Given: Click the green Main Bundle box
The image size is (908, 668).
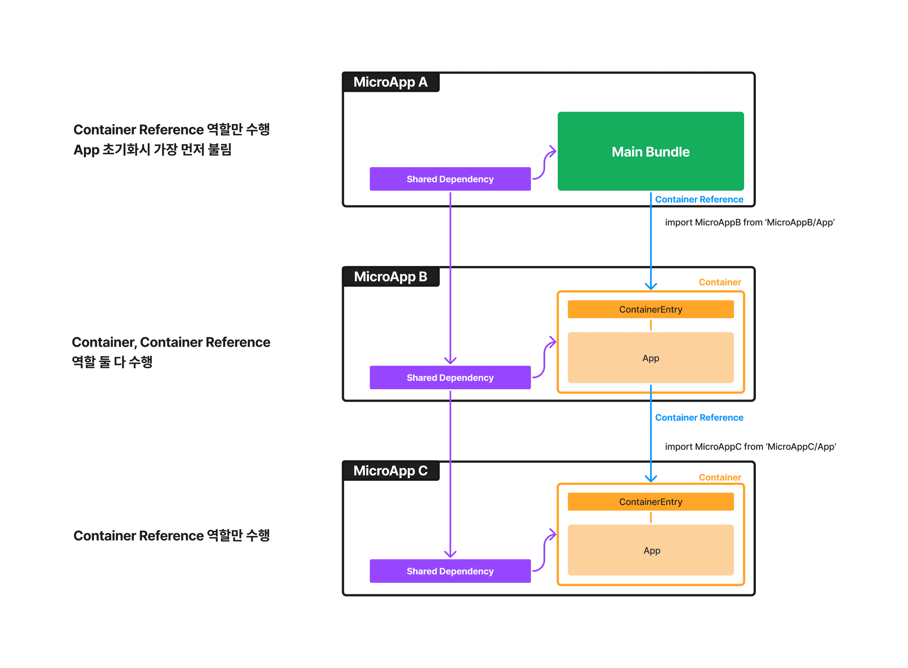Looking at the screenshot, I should pos(650,151).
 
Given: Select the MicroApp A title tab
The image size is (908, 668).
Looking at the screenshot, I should pos(390,82).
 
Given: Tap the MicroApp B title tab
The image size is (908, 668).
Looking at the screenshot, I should pos(390,277).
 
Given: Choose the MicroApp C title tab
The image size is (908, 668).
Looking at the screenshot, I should pos(390,471).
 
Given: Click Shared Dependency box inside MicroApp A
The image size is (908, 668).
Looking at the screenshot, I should pos(450,179).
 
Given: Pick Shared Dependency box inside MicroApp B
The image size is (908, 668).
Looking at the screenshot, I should pos(450,377).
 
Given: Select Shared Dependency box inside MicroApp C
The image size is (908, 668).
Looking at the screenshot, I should pos(450,571).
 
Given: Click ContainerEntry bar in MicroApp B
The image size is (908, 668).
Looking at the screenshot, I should pos(650,309).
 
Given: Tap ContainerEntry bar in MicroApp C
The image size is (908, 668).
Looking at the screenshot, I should pos(650,502).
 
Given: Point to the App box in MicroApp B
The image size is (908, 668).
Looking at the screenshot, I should pos(650,358).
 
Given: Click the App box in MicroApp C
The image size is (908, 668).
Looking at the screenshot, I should pos(650,550).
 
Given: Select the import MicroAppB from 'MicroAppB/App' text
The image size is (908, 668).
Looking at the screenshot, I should pos(749,222).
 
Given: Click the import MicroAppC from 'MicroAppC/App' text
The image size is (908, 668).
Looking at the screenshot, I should pos(750,446).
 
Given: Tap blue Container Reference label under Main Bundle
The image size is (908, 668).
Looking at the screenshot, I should pos(699,199).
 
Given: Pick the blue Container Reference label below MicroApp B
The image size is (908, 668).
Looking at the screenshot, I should pos(699,417).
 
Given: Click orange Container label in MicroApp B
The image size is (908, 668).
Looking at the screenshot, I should pos(720,282).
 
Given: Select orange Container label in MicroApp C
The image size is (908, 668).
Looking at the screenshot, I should pos(720,477).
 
